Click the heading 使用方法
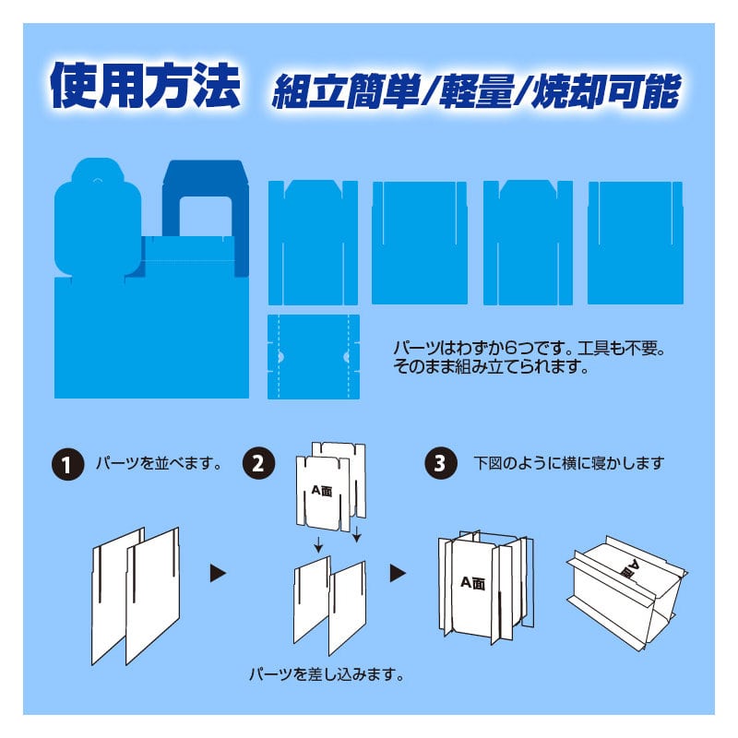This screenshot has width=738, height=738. [146, 86]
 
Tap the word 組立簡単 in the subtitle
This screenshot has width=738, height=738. [345, 90]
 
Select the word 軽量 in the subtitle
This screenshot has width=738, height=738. [475, 90]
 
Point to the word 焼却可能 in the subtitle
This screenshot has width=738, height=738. [606, 90]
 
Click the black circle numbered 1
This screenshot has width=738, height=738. [67, 464]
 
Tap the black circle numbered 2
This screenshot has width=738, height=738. [258, 463]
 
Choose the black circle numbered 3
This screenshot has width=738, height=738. [441, 463]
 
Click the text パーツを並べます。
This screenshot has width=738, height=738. [159, 464]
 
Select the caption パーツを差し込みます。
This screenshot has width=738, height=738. [327, 675]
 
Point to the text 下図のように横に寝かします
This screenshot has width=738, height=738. [568, 464]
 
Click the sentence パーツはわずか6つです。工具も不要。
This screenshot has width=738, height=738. [530, 349]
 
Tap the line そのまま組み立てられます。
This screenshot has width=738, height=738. [492, 366]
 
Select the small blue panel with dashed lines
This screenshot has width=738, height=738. [314, 357]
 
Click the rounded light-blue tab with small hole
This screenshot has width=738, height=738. [98, 218]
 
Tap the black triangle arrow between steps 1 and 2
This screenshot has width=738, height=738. [218, 573]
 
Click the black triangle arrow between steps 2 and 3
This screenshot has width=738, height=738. [398, 573]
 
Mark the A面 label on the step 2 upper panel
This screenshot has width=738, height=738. [322, 492]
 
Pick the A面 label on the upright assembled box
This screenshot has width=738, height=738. [472, 583]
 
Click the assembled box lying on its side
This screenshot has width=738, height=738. [626, 592]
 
